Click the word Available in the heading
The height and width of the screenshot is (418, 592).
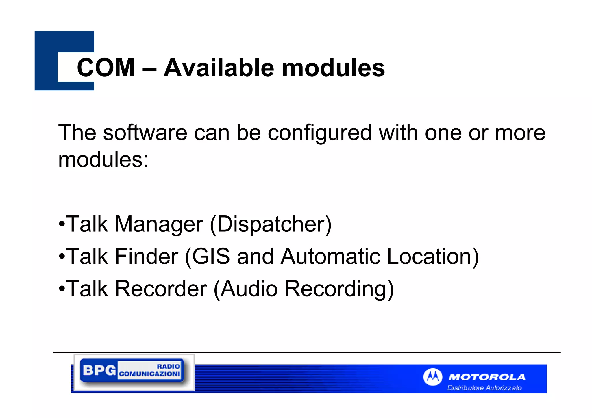[219, 68]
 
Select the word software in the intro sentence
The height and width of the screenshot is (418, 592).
[145, 133]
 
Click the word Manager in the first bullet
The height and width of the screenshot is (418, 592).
[159, 224]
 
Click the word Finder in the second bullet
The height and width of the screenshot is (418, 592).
[147, 257]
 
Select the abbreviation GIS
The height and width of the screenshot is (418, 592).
[211, 257]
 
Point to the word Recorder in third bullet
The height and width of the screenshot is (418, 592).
[161, 289]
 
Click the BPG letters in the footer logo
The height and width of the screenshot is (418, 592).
[99, 370]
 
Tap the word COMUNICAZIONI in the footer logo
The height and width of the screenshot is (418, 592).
[149, 374]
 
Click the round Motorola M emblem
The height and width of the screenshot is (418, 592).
[432, 377]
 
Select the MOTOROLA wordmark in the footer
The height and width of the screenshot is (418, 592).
[487, 377]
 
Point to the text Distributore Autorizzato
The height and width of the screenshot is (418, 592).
[484, 388]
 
